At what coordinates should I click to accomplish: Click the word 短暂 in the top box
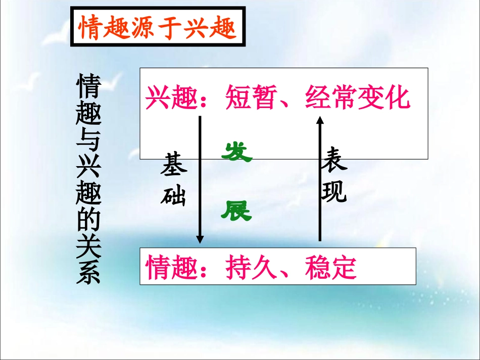click(251, 98)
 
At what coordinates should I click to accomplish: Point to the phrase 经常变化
click(357, 98)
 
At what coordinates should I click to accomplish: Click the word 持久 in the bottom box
click(251, 268)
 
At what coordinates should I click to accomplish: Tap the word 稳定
click(330, 268)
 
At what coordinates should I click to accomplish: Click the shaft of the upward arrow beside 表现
click(319, 182)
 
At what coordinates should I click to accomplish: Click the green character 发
click(236, 152)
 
